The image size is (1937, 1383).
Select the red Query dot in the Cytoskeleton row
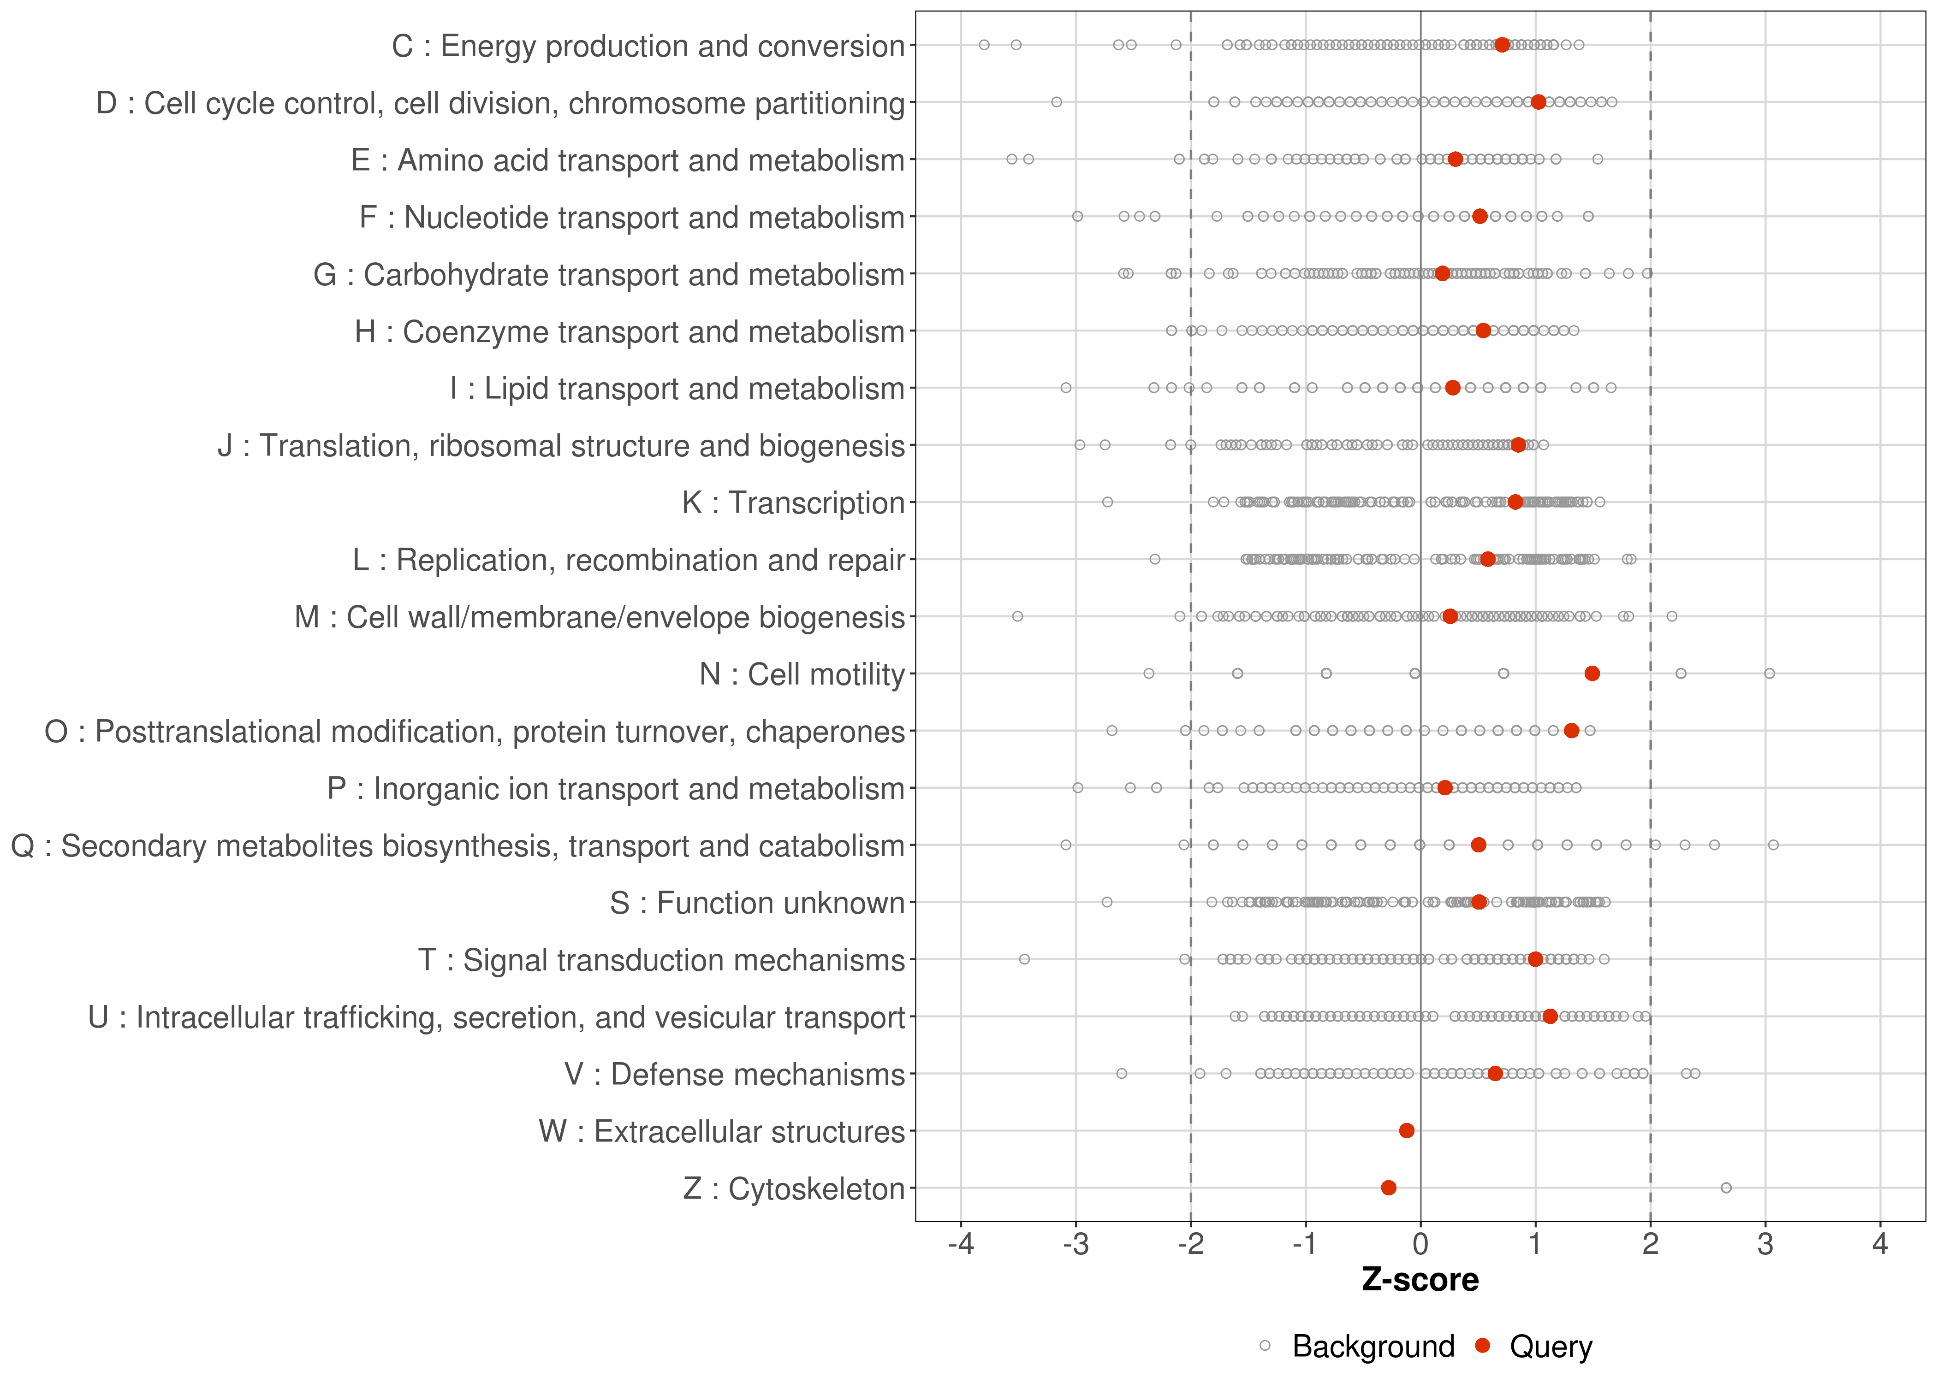[x=1389, y=1188]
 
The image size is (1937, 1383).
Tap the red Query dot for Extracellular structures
[x=1406, y=1131]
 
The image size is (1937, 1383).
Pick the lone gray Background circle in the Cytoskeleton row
[x=1726, y=1188]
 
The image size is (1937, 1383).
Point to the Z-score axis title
[x=1420, y=1280]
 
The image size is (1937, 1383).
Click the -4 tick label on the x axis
[x=961, y=1245]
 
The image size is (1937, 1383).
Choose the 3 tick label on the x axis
[x=1765, y=1245]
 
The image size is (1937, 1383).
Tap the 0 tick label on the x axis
[x=1420, y=1245]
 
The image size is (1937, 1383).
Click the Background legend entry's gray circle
[x=1265, y=1347]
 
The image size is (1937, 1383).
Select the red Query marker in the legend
[x=1483, y=1347]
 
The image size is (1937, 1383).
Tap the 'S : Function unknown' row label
[x=756, y=903]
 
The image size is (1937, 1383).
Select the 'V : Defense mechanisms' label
[x=734, y=1075]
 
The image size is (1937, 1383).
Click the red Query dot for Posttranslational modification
[x=1572, y=731]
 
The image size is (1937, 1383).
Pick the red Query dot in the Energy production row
[x=1502, y=45]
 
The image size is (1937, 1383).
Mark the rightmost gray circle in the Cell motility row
[x=1769, y=674]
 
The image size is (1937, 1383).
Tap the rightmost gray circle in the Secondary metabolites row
[x=1773, y=845]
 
